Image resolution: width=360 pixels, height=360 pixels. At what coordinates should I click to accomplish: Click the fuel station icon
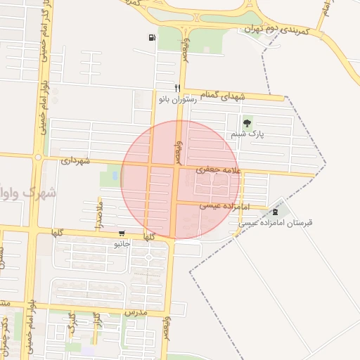pyautogui.click(x=151, y=37)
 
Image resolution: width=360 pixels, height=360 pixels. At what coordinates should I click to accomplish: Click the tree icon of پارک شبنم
pyautogui.click(x=245, y=124)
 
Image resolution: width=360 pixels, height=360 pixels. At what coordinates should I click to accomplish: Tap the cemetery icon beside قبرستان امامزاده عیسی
pyautogui.click(x=275, y=211)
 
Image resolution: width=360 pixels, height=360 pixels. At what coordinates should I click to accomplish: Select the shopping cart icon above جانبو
pyautogui.click(x=122, y=234)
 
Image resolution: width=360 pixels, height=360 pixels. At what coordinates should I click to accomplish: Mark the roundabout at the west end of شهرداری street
pyautogui.click(x=37, y=157)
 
